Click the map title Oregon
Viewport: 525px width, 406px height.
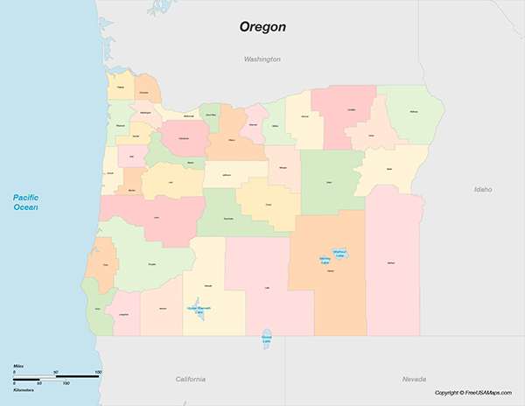[x=262, y=26]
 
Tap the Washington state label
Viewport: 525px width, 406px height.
[x=262, y=59]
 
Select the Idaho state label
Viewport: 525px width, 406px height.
[x=483, y=189]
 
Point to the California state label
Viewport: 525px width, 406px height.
[x=190, y=379]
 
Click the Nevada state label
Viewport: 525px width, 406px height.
[x=414, y=379]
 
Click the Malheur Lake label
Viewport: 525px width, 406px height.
[x=339, y=254]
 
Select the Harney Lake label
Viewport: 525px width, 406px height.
[x=325, y=261]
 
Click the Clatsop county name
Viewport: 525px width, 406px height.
[x=120, y=87]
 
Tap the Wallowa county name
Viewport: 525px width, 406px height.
[x=413, y=112]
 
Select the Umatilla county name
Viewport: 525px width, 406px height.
[x=352, y=110]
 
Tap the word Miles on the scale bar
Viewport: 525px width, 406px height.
[x=18, y=366]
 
